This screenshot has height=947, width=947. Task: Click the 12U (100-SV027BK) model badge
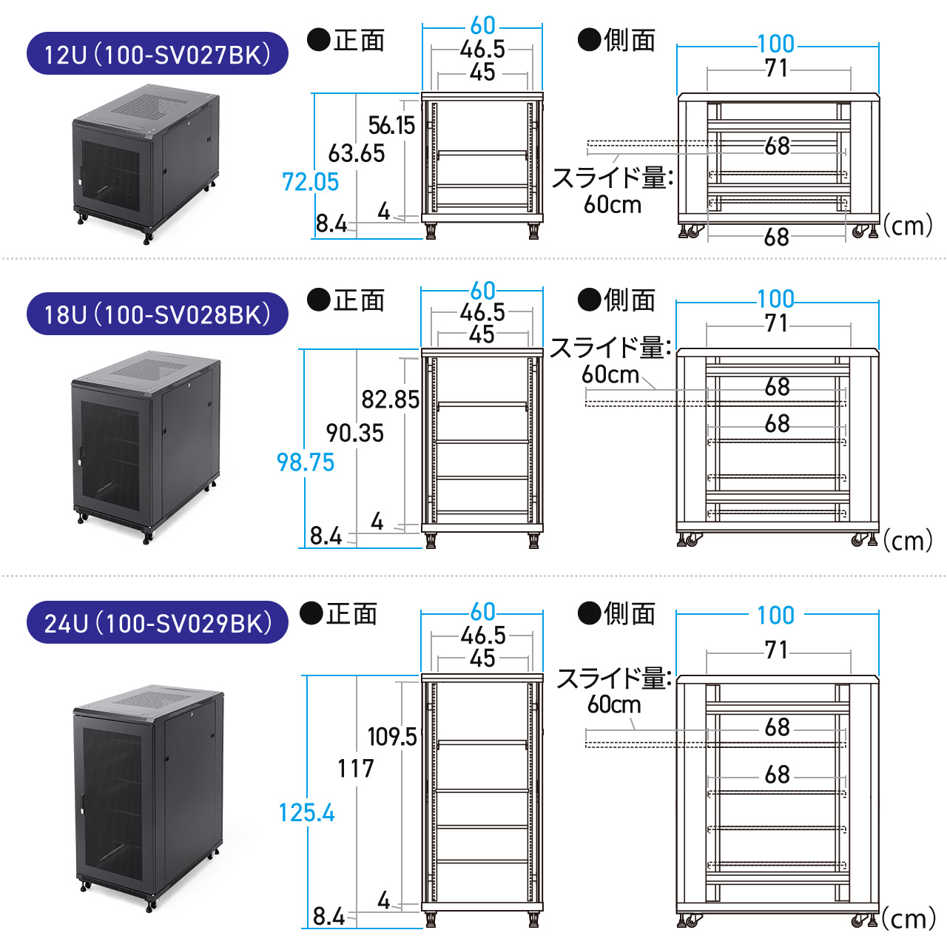pos(157,54)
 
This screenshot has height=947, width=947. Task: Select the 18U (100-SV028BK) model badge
pos(157,314)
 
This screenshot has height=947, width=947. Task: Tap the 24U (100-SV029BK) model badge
pos(157,623)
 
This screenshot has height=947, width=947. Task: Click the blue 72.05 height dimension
pos(310,182)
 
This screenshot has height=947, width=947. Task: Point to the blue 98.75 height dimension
pos(305,462)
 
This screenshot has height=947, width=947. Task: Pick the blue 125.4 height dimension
pos(306,813)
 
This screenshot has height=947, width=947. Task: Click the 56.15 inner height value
pos(391,126)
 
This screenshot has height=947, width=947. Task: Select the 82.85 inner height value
pos(390,400)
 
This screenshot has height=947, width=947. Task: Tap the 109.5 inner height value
pos(392,737)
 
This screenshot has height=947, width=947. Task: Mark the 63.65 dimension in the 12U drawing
pos(357,154)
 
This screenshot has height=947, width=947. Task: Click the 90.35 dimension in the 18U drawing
pos(355,434)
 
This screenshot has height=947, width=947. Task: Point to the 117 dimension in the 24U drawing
pos(356,769)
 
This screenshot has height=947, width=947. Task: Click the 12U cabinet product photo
pos(146,164)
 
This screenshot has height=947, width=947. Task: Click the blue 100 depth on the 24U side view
pos(775,616)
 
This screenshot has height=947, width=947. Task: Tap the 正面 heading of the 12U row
pos(346,40)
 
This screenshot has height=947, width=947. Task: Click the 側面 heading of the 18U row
pos(617,300)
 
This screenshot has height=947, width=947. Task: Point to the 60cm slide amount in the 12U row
pos(612,205)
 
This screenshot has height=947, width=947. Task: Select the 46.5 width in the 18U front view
pos(482,313)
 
